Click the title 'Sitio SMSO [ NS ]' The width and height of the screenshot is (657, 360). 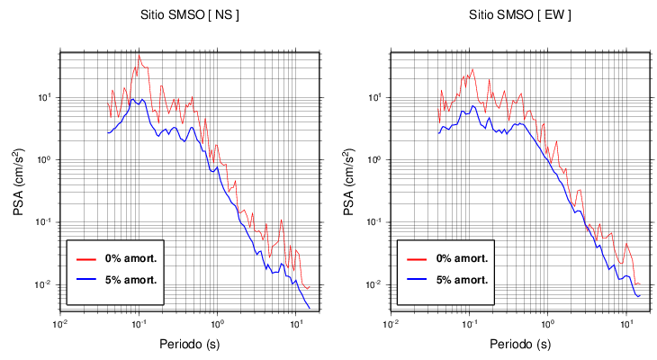pyautogui.click(x=190, y=15)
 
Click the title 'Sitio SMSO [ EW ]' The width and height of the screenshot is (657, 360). pyautogui.click(x=520, y=15)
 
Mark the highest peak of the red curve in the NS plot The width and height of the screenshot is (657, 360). pyautogui.click(x=139, y=56)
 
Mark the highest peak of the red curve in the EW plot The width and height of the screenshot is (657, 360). pyautogui.click(x=472, y=68)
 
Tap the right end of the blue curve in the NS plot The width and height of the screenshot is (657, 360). pyautogui.click(x=310, y=309)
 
